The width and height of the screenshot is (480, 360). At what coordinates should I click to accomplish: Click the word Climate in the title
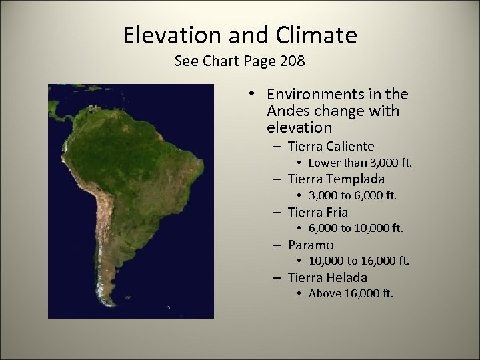tap(318, 35)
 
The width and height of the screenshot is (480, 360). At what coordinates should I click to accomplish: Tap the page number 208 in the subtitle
tap(291, 62)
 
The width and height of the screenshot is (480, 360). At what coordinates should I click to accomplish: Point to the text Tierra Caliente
tap(331, 146)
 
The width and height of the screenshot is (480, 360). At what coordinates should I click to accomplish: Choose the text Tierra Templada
tap(336, 179)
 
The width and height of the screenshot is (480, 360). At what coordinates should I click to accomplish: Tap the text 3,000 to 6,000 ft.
tap(353, 196)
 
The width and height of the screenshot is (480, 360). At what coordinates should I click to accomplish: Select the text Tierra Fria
tap(318, 212)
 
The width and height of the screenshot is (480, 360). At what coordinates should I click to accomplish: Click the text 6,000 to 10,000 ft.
tap(356, 229)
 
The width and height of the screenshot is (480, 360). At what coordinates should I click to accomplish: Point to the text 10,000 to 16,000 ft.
tap(359, 261)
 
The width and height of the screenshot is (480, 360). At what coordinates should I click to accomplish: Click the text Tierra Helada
tap(327, 277)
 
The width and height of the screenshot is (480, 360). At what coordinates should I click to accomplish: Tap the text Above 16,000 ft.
tap(351, 294)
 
